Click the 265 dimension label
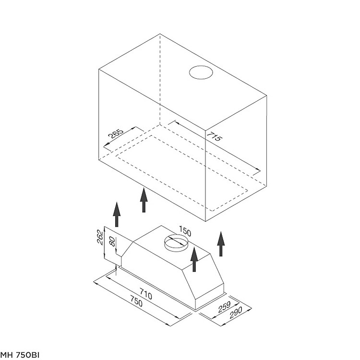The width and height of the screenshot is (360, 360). point(116,134)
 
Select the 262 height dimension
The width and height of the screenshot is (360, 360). point(100,238)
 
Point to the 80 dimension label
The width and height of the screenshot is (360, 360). point(112,241)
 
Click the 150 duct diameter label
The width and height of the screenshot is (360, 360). point(185,231)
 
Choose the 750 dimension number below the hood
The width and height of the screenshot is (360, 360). point(136,301)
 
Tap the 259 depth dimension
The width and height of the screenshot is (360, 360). point(224,307)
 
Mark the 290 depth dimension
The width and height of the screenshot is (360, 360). point(236,312)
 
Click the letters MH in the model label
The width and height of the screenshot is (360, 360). point(7,355)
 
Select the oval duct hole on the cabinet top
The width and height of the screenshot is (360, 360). point(201,72)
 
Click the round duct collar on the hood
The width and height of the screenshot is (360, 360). point(176,243)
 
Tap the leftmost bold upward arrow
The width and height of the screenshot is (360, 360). point(117,215)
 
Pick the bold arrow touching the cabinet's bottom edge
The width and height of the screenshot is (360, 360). point(144,200)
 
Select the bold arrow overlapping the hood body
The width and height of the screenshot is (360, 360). point(194,259)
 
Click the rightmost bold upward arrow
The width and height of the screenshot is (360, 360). point(221,244)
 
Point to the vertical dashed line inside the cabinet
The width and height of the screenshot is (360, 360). point(160,79)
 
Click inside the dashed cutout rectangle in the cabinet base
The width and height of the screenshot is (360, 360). point(181,172)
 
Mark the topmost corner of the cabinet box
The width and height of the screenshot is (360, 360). point(160,34)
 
